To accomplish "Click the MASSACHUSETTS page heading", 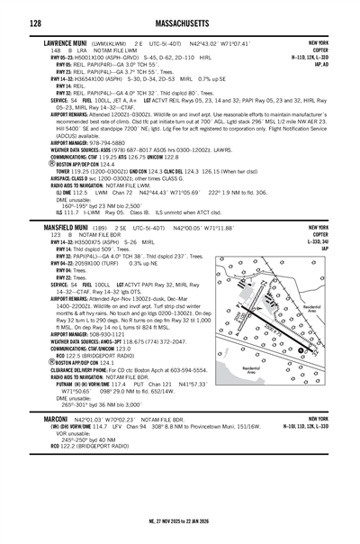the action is [x=180, y=21].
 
